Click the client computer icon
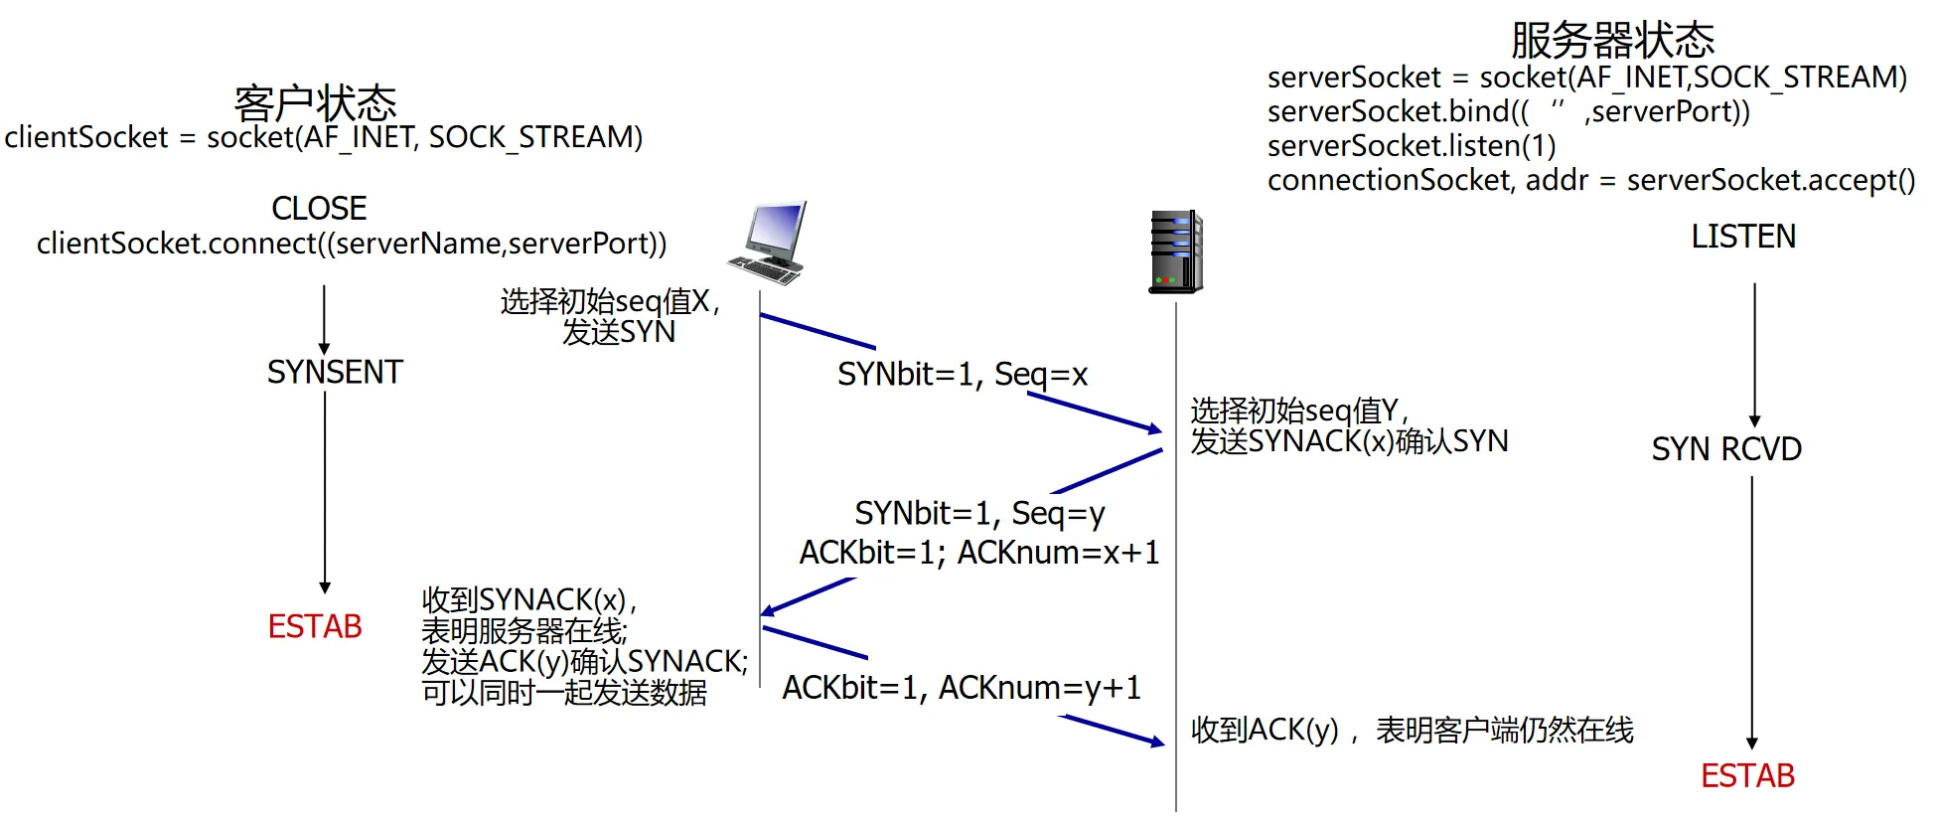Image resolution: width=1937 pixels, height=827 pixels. click(x=767, y=243)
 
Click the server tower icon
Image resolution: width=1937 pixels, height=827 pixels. click(x=1176, y=251)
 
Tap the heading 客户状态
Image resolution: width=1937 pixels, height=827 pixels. click(x=315, y=102)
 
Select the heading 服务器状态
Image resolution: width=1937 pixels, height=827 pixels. click(x=1612, y=41)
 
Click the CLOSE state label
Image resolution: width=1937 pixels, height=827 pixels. click(x=319, y=209)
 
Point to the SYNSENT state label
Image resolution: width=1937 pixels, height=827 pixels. click(x=335, y=373)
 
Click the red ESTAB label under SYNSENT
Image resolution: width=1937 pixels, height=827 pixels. click(x=315, y=627)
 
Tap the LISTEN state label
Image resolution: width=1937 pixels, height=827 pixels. click(x=1743, y=237)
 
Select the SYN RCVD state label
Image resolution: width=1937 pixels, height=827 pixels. click(x=1726, y=449)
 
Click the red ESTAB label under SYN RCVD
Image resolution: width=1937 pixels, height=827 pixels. click(x=1747, y=776)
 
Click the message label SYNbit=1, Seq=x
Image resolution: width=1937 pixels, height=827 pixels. click(x=963, y=375)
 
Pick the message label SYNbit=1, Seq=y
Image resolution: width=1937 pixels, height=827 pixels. click(x=979, y=514)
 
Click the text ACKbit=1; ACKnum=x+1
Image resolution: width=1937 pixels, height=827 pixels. click(x=979, y=553)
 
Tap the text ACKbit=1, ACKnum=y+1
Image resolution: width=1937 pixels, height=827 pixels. click(x=962, y=688)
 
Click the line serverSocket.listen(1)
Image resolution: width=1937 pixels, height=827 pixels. click(x=1412, y=146)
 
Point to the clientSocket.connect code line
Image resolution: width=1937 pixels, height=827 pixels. click(x=352, y=244)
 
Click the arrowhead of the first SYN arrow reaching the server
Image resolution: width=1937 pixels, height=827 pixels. click(x=1155, y=429)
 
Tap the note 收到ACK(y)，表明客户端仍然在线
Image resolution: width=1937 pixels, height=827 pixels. click(x=1412, y=731)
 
